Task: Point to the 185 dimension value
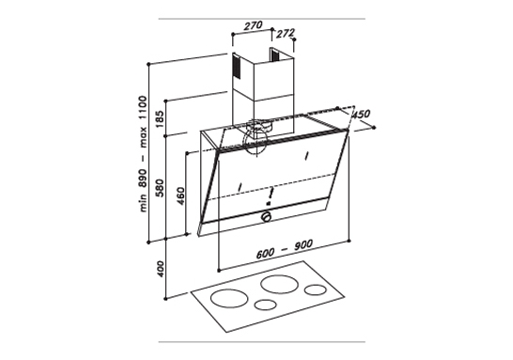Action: tap(161, 119)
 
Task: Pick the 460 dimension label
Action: tap(179, 199)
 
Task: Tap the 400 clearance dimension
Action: tap(161, 269)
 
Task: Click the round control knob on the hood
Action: tap(267, 216)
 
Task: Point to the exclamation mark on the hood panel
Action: tap(270, 195)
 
